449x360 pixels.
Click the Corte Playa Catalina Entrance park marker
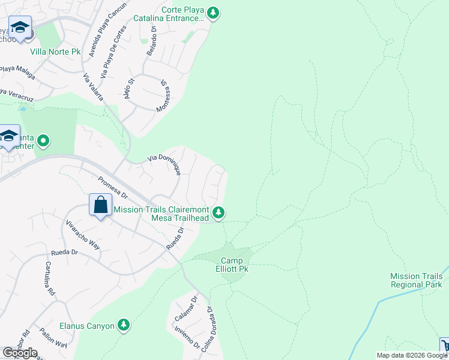click(212, 13)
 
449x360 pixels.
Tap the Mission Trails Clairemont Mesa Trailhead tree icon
click(219, 212)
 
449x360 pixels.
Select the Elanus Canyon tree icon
click(124, 325)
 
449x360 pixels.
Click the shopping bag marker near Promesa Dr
click(100, 205)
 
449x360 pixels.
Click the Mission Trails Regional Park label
click(416, 280)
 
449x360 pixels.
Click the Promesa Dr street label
click(112, 187)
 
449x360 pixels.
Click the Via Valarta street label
click(93, 87)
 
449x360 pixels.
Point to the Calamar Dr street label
click(185, 308)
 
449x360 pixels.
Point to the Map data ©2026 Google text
click(412, 355)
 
